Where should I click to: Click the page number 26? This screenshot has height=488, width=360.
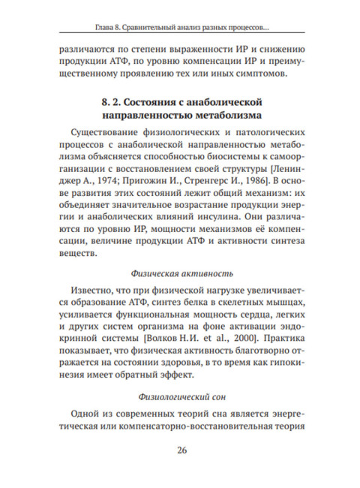point(182,450)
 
